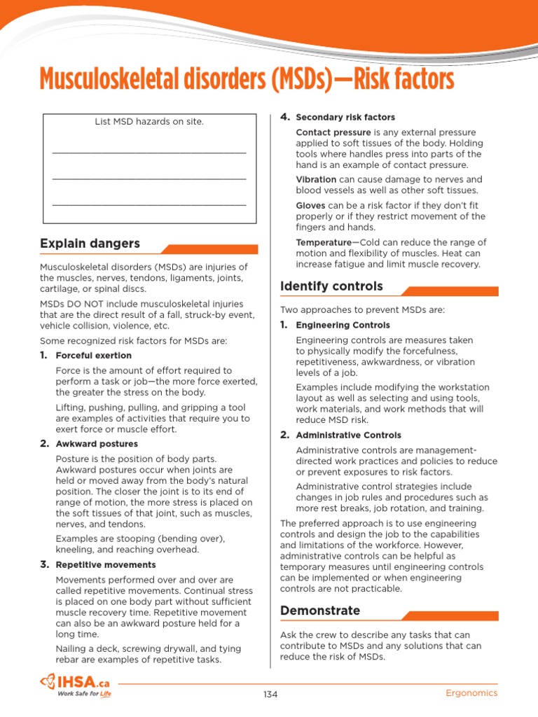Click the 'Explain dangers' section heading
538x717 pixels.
[x=90, y=244]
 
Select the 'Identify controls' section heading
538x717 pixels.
[x=331, y=286]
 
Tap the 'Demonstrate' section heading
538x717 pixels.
[x=320, y=611]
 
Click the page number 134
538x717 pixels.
[x=270, y=694]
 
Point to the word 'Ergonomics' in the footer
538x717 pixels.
[x=471, y=693]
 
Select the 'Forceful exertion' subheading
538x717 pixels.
[x=93, y=356]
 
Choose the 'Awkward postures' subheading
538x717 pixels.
[x=97, y=444]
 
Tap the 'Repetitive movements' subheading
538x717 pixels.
[x=106, y=564]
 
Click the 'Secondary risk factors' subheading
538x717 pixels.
[x=345, y=118]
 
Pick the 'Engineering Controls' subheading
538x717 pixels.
[x=343, y=326]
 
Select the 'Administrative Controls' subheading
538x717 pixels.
[x=348, y=436]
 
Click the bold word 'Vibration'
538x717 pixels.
[x=316, y=179]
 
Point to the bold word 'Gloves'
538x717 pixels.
[x=310, y=205]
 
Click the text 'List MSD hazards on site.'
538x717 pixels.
[x=149, y=122]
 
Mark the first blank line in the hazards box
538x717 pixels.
[x=149, y=151]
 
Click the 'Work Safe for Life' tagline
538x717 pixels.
[x=83, y=695]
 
